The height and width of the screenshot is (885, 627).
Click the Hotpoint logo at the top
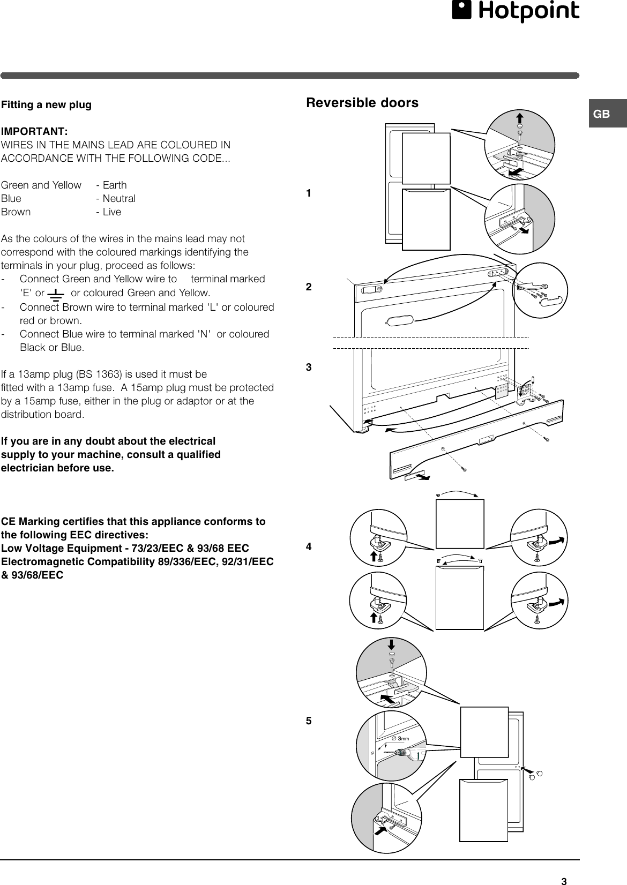[515, 12]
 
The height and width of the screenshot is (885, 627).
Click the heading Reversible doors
[362, 103]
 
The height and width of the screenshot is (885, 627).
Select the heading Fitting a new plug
[46, 105]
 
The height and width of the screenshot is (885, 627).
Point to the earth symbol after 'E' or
[56, 294]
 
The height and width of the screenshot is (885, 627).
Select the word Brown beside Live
[16, 212]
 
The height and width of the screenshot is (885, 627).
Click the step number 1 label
[309, 193]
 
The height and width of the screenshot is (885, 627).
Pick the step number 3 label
[309, 367]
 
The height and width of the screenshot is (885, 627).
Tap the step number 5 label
[309, 721]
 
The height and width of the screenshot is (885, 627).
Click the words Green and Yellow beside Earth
[41, 185]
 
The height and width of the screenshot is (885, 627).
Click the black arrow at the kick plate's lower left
[423, 476]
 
